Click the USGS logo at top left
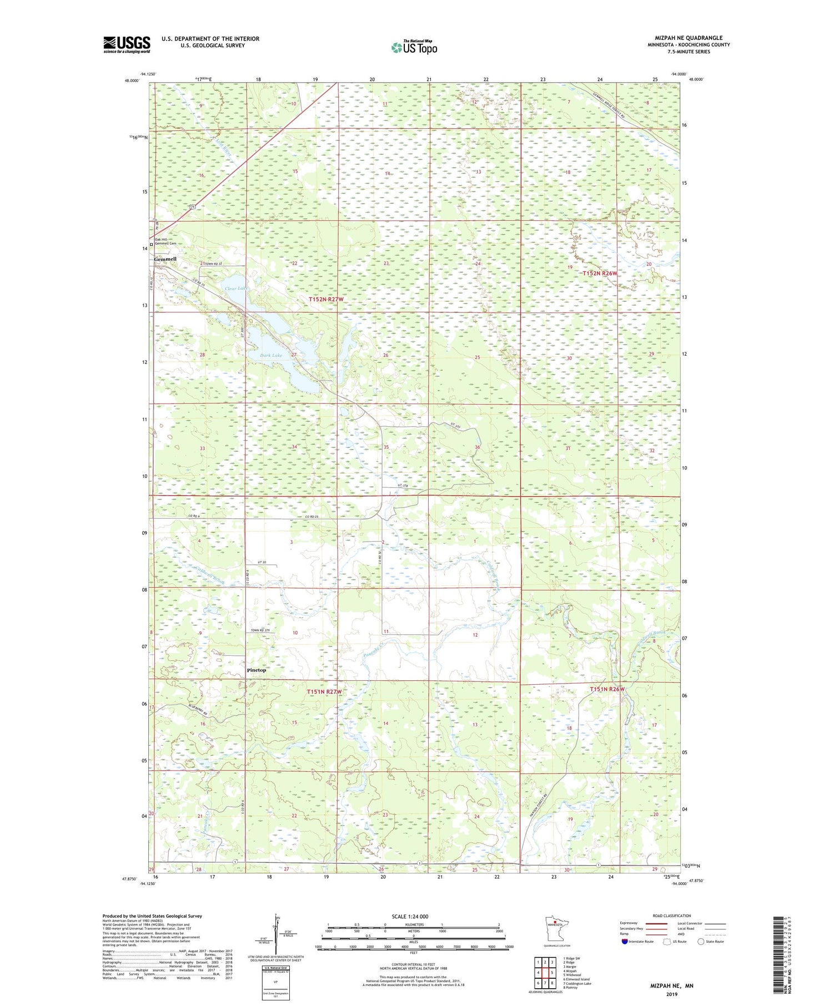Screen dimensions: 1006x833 click(x=127, y=44)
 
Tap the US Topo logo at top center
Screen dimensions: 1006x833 click(x=414, y=48)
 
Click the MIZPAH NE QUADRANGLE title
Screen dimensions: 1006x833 click(x=688, y=38)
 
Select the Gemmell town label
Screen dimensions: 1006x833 click(x=165, y=259)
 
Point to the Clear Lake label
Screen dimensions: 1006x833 click(x=234, y=289)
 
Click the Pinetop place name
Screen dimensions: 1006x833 click(x=256, y=670)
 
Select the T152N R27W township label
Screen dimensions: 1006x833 click(x=326, y=299)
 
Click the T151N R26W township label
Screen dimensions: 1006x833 click(x=607, y=689)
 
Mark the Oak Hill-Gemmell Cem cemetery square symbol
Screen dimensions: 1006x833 click(x=152, y=244)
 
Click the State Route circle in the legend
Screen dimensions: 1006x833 click(x=701, y=942)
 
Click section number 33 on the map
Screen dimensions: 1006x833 click(x=203, y=448)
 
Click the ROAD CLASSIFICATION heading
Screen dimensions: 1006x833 click(x=671, y=916)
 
